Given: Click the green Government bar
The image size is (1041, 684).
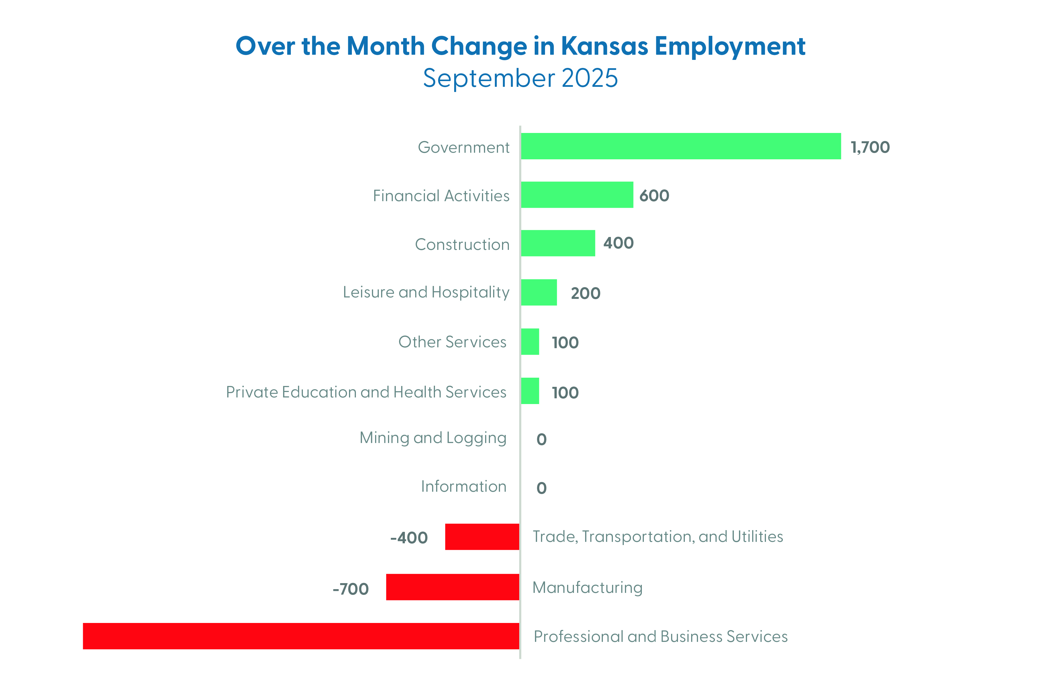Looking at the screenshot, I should (x=681, y=146).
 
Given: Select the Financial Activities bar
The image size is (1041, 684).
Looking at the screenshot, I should (x=577, y=195).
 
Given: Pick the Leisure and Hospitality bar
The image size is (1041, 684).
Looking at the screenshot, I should (x=539, y=292).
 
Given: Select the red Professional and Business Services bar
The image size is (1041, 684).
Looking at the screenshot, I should (x=301, y=636).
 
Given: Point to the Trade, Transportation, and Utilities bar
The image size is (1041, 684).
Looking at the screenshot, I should (x=482, y=537).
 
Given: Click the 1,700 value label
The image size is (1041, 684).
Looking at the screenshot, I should (x=870, y=147).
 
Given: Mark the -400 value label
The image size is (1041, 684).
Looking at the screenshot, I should (x=409, y=538).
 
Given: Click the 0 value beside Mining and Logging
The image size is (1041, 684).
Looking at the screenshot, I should (x=542, y=439).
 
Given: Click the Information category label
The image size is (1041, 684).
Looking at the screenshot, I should (x=464, y=486).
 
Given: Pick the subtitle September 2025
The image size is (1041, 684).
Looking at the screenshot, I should (x=520, y=78).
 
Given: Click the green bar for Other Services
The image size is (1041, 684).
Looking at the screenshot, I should (x=530, y=342).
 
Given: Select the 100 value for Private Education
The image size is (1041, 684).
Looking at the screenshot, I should (x=565, y=393).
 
